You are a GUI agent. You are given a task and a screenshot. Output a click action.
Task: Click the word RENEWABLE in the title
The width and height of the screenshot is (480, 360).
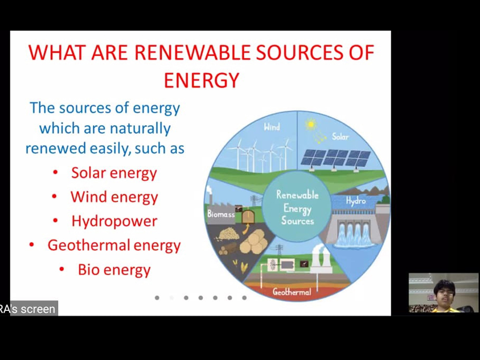coord(192,52)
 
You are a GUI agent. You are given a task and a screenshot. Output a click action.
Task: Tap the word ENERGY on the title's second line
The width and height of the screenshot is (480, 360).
coord(202,80)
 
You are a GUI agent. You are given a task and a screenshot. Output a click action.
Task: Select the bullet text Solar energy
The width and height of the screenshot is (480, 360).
coord(114,173)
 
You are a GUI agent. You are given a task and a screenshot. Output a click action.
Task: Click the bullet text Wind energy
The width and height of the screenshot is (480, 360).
coord(114,197)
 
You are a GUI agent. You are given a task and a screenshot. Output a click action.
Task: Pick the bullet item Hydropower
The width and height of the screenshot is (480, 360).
coord(114,221)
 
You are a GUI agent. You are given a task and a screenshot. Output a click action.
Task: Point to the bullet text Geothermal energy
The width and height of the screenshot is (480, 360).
coord(114,245)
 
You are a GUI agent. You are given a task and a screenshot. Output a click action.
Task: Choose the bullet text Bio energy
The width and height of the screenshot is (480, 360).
coord(114,270)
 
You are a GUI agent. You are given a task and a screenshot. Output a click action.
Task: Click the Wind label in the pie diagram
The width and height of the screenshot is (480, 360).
coord(272,127)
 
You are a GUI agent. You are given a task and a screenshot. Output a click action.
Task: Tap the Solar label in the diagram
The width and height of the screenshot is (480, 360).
coord(340,136)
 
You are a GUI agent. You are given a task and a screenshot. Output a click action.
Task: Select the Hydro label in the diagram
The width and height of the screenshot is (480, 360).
coord(356,201)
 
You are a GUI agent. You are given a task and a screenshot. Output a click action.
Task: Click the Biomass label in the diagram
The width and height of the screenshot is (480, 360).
coord(221,214)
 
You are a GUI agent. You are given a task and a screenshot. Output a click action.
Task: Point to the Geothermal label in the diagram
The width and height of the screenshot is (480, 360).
coord(292,292)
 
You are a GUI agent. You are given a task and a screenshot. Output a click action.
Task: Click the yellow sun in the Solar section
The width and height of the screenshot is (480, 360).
coord(311,124)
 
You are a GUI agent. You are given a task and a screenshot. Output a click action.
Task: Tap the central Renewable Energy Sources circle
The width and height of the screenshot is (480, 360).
coord(297,207)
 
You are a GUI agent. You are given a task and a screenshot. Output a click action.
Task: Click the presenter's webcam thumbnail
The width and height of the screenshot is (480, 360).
coord(443,292)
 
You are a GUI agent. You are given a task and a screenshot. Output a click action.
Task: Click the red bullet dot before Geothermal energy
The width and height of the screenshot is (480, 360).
coord(31,245)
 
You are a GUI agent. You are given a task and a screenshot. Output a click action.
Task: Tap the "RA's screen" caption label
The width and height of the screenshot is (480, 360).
coord(29,308)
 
